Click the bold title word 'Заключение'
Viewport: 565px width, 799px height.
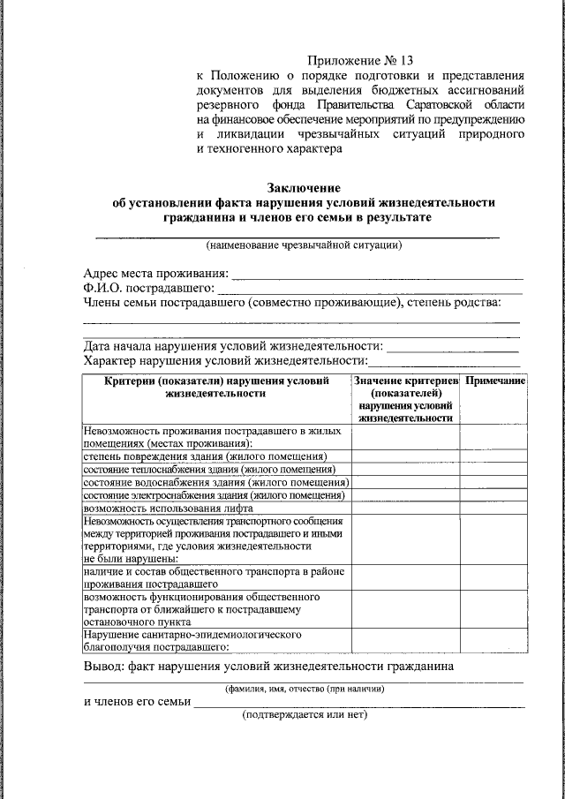[x=304, y=187]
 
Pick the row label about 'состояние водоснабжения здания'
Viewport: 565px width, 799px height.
[x=216, y=482]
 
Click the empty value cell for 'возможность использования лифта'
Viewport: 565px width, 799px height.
[x=405, y=509]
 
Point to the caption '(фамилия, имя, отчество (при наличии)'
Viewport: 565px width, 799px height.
[x=304, y=688]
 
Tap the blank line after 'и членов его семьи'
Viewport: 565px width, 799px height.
[x=358, y=705]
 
